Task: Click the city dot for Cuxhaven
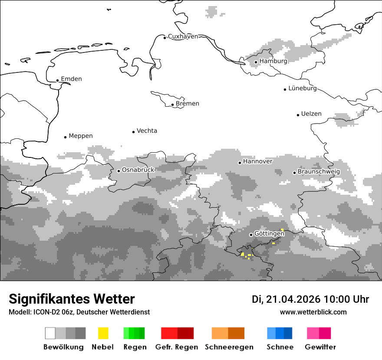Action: (x=165, y=38)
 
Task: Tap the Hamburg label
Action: (x=273, y=61)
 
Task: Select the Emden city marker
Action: (x=58, y=80)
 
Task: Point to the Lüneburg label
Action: (x=303, y=88)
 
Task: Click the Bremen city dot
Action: (x=172, y=105)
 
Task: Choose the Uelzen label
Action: (x=311, y=114)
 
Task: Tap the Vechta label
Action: (x=147, y=131)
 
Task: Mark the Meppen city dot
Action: (x=66, y=137)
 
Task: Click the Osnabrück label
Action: (x=138, y=170)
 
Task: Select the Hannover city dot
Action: (x=240, y=163)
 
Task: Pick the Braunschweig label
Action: (x=319, y=171)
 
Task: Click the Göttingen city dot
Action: (x=251, y=235)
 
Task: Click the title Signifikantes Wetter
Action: (x=72, y=299)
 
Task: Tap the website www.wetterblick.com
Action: (x=313, y=312)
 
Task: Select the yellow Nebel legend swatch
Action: (x=103, y=333)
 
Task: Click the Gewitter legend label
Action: (x=320, y=347)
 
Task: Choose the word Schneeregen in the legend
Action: (x=229, y=347)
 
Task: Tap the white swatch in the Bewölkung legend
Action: (x=50, y=333)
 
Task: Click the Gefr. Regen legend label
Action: (x=177, y=347)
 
